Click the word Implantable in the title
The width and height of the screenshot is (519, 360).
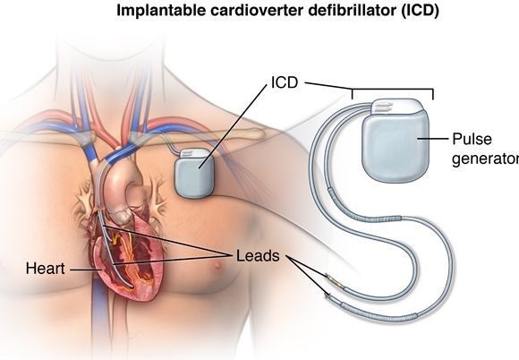(x=161, y=11)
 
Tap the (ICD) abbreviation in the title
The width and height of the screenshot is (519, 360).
(x=420, y=11)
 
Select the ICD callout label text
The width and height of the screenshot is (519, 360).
(x=285, y=82)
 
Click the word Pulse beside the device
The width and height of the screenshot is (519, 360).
(x=472, y=139)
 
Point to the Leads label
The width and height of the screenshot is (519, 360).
(x=258, y=256)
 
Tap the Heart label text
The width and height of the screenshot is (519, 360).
(x=45, y=269)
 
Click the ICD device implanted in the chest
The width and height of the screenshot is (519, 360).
(x=194, y=173)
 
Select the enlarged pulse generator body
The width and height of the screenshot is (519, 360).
(x=396, y=148)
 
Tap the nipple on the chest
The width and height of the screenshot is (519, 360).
(x=217, y=265)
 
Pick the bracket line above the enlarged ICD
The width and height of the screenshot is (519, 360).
(x=393, y=90)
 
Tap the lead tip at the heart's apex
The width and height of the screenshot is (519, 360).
(x=132, y=286)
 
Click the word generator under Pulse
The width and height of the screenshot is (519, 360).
(x=486, y=159)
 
